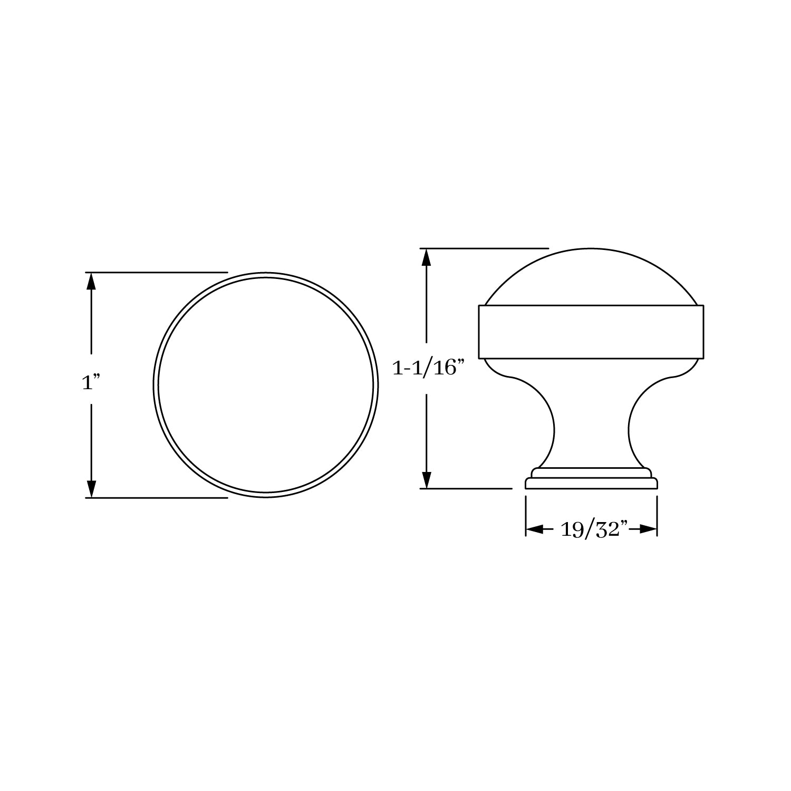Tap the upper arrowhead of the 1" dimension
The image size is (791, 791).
pyautogui.click(x=91, y=282)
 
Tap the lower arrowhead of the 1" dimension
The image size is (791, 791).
pyautogui.click(x=91, y=488)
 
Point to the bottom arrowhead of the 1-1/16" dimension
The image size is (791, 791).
pyautogui.click(x=427, y=479)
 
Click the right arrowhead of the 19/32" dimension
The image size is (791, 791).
pyautogui.click(x=648, y=529)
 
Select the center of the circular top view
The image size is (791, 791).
pyautogui.click(x=266, y=385)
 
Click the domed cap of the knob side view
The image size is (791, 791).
pyautogui.click(x=591, y=277)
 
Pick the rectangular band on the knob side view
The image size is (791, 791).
pyautogui.click(x=591, y=332)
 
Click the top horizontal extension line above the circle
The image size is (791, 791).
pyautogui.click(x=158, y=272)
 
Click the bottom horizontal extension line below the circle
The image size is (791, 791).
pyautogui.click(x=158, y=497)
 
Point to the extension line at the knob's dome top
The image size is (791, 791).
pyautogui.click(x=485, y=248)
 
